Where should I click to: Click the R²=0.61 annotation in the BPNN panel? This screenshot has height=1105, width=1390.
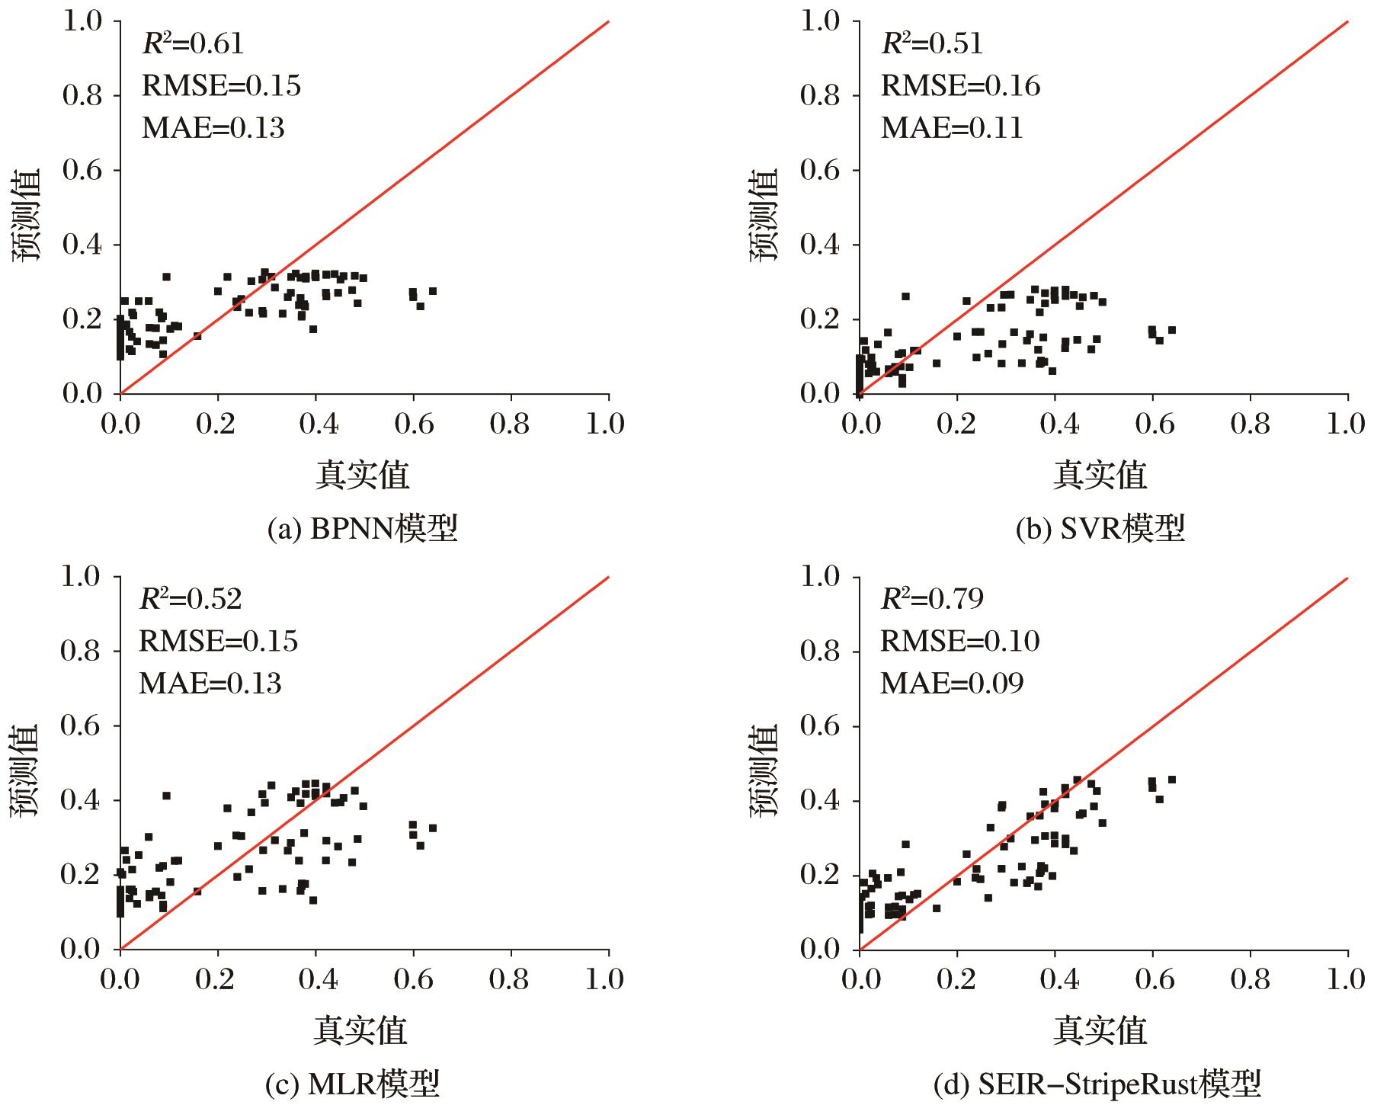pos(193,44)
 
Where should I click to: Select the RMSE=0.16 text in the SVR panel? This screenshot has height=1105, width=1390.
pos(960,85)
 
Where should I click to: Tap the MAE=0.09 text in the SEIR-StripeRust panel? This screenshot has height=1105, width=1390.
pos(952,684)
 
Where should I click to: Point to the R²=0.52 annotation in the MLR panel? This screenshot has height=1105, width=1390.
pos(191,600)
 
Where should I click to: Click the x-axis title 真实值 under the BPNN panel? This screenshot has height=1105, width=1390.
pos(362,475)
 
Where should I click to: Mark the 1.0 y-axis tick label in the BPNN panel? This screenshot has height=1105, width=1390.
pos(82,22)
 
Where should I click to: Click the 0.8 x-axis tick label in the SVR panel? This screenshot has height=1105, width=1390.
pos(1250,424)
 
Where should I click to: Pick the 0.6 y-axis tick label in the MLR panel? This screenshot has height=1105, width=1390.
pos(82,726)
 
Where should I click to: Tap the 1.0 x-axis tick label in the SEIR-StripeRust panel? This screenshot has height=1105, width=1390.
pos(1345,980)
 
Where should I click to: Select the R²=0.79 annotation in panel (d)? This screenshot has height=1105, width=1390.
pos(931,600)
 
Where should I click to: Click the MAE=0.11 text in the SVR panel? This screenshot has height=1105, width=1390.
pos(952,127)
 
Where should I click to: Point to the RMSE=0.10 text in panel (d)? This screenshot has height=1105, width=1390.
pos(959,642)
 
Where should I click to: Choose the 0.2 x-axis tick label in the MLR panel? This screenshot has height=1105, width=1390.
pos(217,980)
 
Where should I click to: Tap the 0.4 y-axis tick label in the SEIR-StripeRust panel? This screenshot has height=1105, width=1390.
pos(821,801)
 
